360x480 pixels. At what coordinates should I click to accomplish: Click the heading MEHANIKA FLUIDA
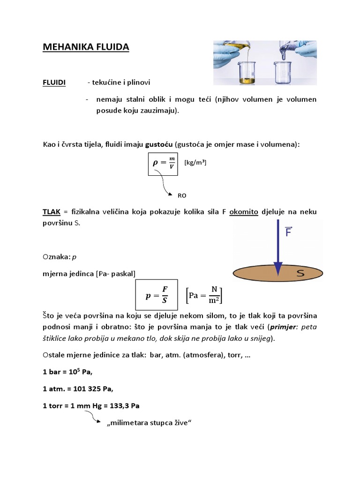(86, 47)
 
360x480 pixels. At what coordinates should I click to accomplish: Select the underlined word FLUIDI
(54, 82)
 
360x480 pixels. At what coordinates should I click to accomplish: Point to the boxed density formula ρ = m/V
(163, 163)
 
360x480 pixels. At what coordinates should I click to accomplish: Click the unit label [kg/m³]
(195, 162)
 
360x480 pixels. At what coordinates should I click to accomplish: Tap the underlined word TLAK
(51, 212)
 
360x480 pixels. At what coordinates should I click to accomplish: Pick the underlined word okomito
(244, 212)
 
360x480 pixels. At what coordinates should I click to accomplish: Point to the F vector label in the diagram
(288, 232)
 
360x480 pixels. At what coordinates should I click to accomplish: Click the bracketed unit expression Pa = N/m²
(204, 296)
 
